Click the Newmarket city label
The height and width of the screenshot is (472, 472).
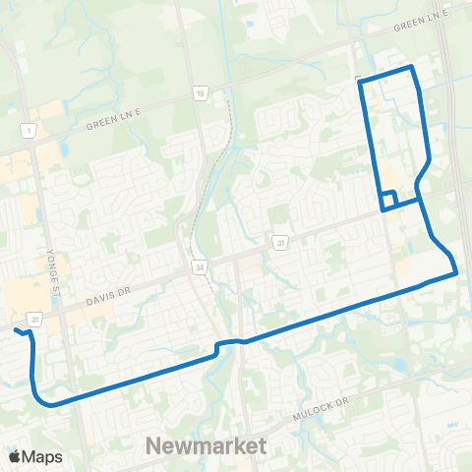(x=206, y=445)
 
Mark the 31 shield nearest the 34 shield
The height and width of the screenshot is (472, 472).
(x=280, y=243)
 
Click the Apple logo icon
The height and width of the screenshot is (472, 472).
(x=15, y=456)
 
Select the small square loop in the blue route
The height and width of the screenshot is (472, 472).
(x=388, y=200)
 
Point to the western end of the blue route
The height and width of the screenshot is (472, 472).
(x=17, y=331)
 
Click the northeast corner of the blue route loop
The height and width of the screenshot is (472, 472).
(x=412, y=68)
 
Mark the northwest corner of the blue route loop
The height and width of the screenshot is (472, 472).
(x=361, y=79)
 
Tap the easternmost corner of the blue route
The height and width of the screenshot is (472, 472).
(x=456, y=274)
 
